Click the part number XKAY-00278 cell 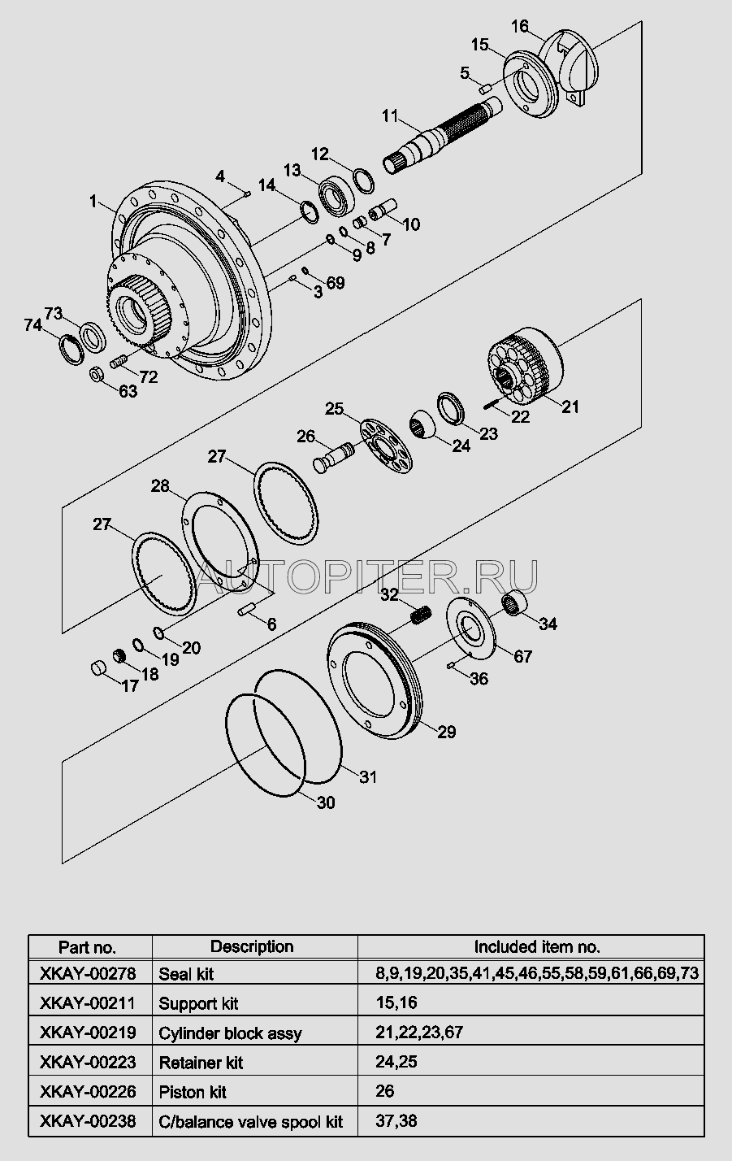88,973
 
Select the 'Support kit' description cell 198,1003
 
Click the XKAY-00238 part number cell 88,1121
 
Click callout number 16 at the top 520,27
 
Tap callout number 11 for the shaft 390,115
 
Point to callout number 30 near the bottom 325,802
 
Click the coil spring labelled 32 420,616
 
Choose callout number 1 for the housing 93,200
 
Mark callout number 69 335,282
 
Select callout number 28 160,486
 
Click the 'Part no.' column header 88,946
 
